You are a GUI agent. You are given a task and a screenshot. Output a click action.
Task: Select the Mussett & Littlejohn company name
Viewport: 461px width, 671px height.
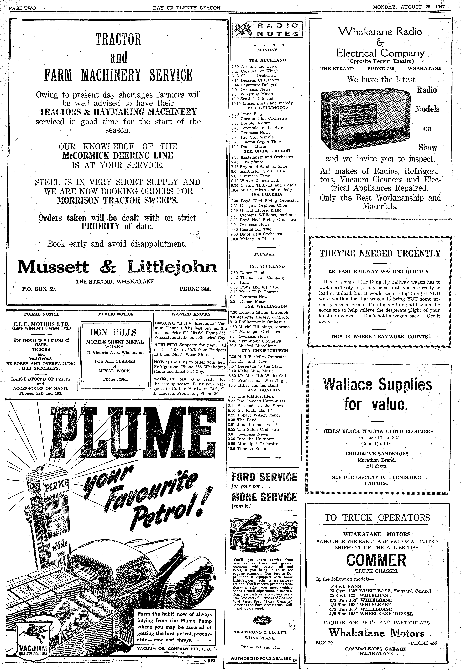click(x=117, y=267)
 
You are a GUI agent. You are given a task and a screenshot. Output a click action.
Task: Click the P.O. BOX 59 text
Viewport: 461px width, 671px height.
click(x=39, y=288)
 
